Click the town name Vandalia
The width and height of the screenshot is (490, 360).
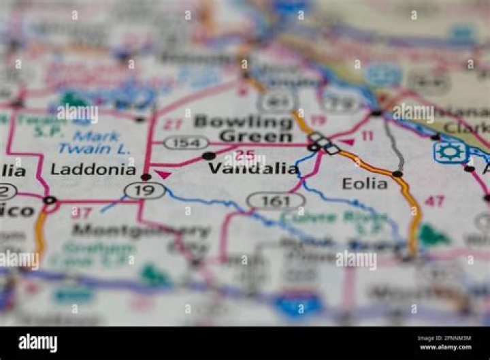[x=253, y=168]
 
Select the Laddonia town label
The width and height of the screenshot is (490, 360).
[x=93, y=169]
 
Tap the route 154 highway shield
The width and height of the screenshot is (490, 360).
[x=186, y=142]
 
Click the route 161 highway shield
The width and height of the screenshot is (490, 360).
[x=276, y=201]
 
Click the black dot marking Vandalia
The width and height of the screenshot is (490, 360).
[x=208, y=157]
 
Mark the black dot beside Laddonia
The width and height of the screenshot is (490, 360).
[x=146, y=177]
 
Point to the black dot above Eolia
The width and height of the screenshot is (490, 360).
[x=397, y=174]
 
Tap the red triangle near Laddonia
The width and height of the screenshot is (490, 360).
[x=163, y=175]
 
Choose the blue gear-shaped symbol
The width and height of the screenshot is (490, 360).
[x=449, y=152]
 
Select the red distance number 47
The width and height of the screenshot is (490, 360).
[x=435, y=201]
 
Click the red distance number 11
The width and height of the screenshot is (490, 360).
[x=367, y=136]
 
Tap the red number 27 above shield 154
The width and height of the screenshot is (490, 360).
[x=173, y=125]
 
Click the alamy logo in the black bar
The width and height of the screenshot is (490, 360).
[x=38, y=343]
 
